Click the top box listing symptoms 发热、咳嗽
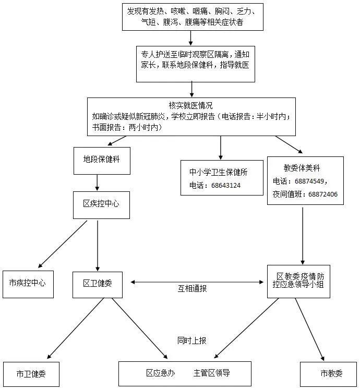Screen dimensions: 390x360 pyautogui.click(x=193, y=17)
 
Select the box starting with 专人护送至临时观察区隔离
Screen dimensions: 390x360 pyautogui.click(x=195, y=63)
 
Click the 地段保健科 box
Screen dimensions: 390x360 pyautogui.click(x=101, y=160)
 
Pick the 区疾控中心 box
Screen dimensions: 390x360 pyautogui.click(x=101, y=204)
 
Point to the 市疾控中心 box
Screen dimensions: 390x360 pyautogui.click(x=28, y=284)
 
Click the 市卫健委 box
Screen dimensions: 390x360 pyautogui.click(x=31, y=374)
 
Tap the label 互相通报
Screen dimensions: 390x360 pyautogui.click(x=192, y=288)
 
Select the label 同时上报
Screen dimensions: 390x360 pyautogui.click(x=191, y=340)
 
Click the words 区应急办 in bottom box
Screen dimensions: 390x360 pyautogui.click(x=160, y=373)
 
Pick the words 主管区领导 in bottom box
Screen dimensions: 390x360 pyautogui.click(x=211, y=373)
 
